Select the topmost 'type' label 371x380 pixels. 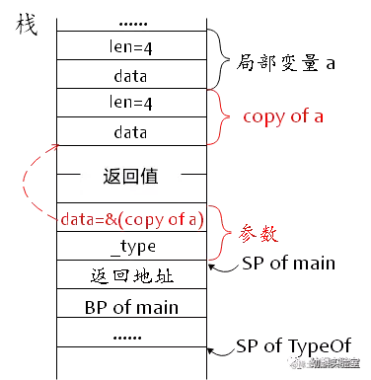click(x=131, y=47)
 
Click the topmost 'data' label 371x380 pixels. click(x=131, y=76)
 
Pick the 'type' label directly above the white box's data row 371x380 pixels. click(x=131, y=104)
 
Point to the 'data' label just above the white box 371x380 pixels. click(x=131, y=132)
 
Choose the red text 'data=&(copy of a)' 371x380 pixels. click(x=131, y=221)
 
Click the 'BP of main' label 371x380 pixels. click(x=131, y=307)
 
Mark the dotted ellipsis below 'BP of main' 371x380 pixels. click(x=131, y=336)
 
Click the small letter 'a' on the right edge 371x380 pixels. click(x=331, y=65)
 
